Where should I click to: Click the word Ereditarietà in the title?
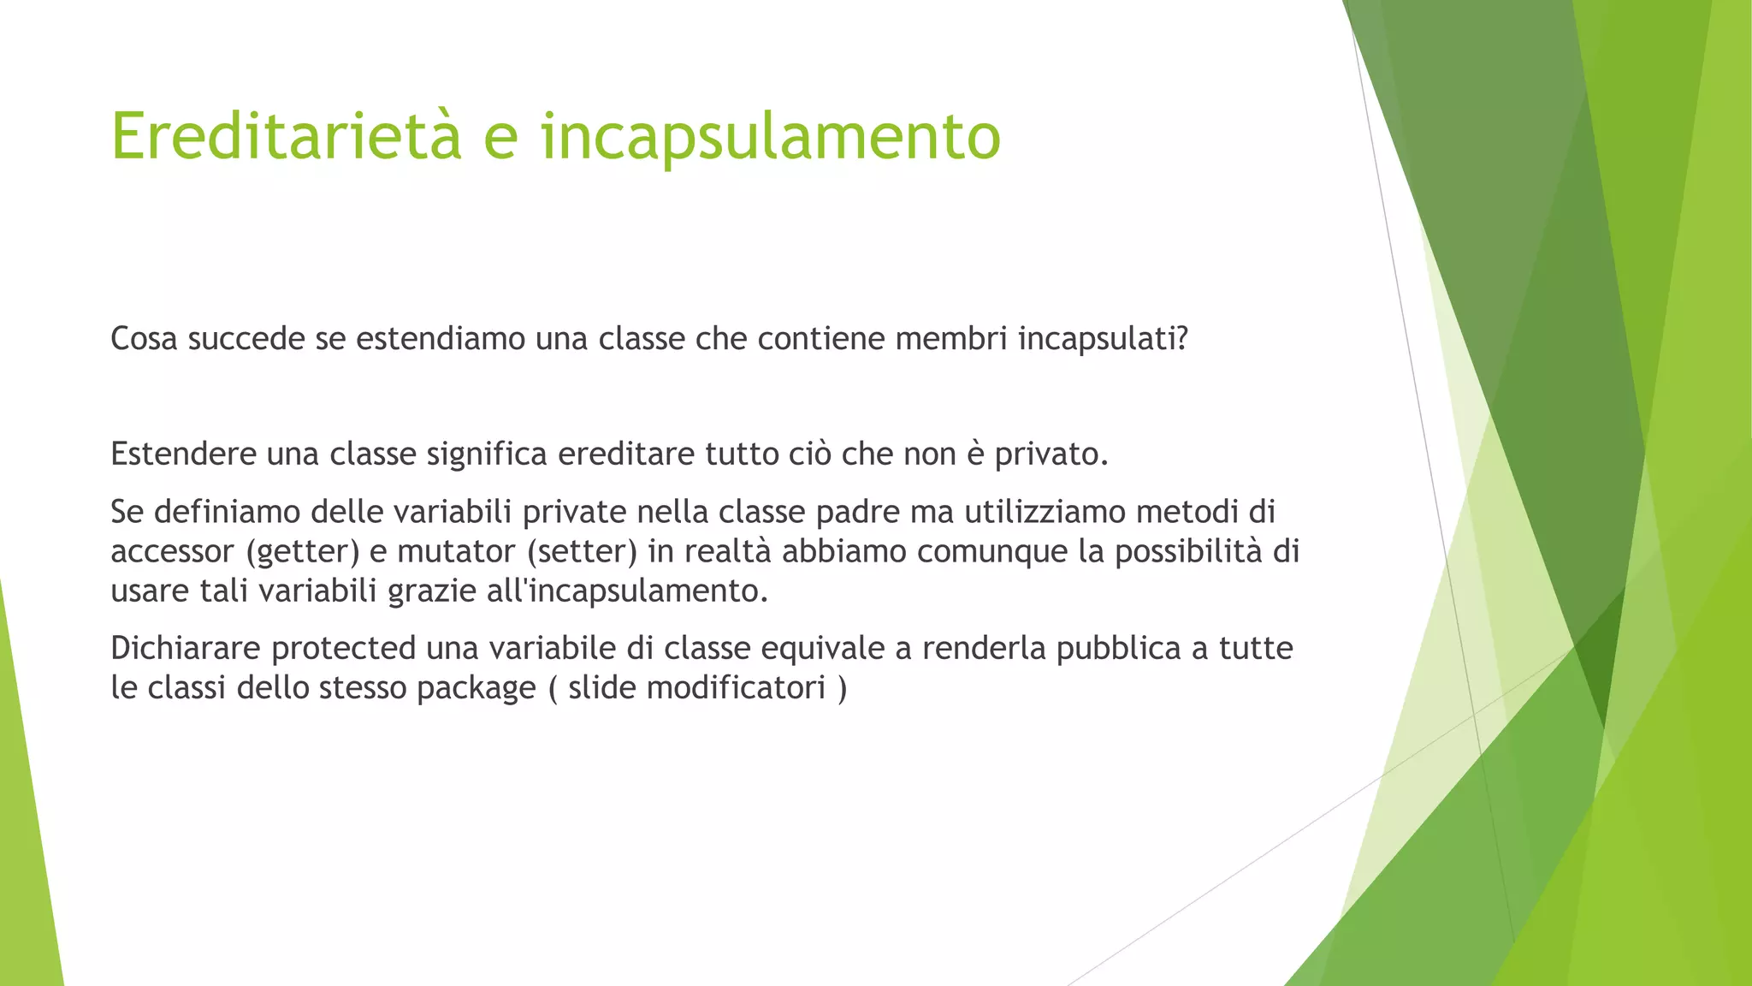(287, 136)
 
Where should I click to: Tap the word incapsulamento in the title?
(770, 136)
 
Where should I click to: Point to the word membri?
(950, 340)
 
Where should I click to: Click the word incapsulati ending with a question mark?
(1103, 340)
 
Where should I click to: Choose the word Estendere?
(184, 454)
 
